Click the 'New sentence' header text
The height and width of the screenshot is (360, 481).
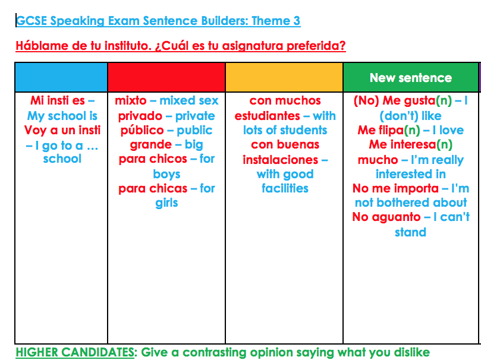410,78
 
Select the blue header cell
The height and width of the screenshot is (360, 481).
61,77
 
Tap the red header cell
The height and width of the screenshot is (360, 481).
166,77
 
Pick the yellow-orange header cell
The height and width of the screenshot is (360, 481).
284,77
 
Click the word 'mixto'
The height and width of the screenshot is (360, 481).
130,101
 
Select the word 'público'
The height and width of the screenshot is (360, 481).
141,130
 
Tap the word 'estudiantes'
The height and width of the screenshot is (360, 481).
267,116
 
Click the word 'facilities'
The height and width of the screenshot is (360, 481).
285,188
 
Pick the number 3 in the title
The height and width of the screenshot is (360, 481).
296,21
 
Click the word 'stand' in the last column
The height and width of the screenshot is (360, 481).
410,232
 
